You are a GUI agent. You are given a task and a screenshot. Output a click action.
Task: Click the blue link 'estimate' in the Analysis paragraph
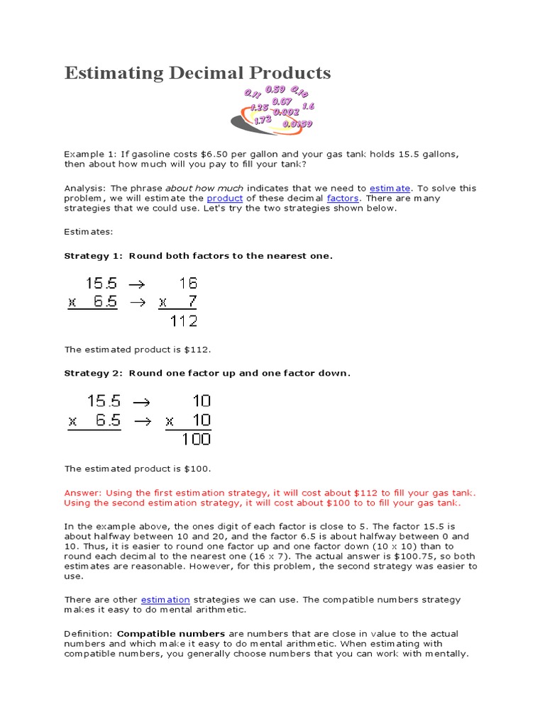click(x=390, y=189)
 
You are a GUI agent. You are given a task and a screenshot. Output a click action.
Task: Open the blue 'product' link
click(x=224, y=199)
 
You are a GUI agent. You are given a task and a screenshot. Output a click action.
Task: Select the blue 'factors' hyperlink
click(x=343, y=199)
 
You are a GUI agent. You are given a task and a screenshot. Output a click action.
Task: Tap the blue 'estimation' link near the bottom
click(x=165, y=600)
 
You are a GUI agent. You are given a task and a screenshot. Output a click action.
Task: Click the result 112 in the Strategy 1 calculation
click(x=184, y=320)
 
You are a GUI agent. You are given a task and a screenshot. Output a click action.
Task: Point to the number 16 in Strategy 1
click(x=188, y=284)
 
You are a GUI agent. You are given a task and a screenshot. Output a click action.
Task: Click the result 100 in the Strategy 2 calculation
click(x=196, y=439)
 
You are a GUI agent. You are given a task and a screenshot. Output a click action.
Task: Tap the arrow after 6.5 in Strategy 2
click(x=143, y=421)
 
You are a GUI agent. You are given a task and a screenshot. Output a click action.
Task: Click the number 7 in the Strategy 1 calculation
click(x=192, y=302)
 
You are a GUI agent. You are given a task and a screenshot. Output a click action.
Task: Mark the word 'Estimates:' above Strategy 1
click(x=89, y=232)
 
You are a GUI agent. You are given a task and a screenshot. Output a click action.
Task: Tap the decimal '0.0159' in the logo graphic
click(x=297, y=123)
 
